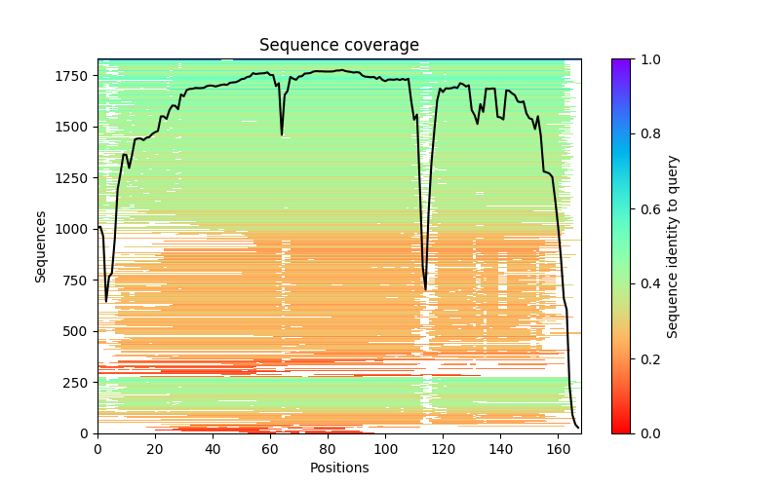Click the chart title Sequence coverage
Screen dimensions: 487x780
pos(338,46)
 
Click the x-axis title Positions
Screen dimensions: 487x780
pos(338,468)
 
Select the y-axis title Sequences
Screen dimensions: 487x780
pos(41,245)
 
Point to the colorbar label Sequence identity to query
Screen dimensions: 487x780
pos(673,245)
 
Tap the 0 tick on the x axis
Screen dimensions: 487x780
pos(97,449)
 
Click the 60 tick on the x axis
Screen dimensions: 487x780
pos(270,449)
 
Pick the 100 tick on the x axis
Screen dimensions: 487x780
pos(385,449)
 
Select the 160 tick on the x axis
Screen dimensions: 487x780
pos(558,449)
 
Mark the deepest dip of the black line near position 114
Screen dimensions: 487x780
pos(425,290)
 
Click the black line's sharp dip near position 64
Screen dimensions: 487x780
pos(282,134)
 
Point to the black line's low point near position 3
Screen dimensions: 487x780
pos(106,301)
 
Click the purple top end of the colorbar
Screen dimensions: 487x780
pos(620,62)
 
